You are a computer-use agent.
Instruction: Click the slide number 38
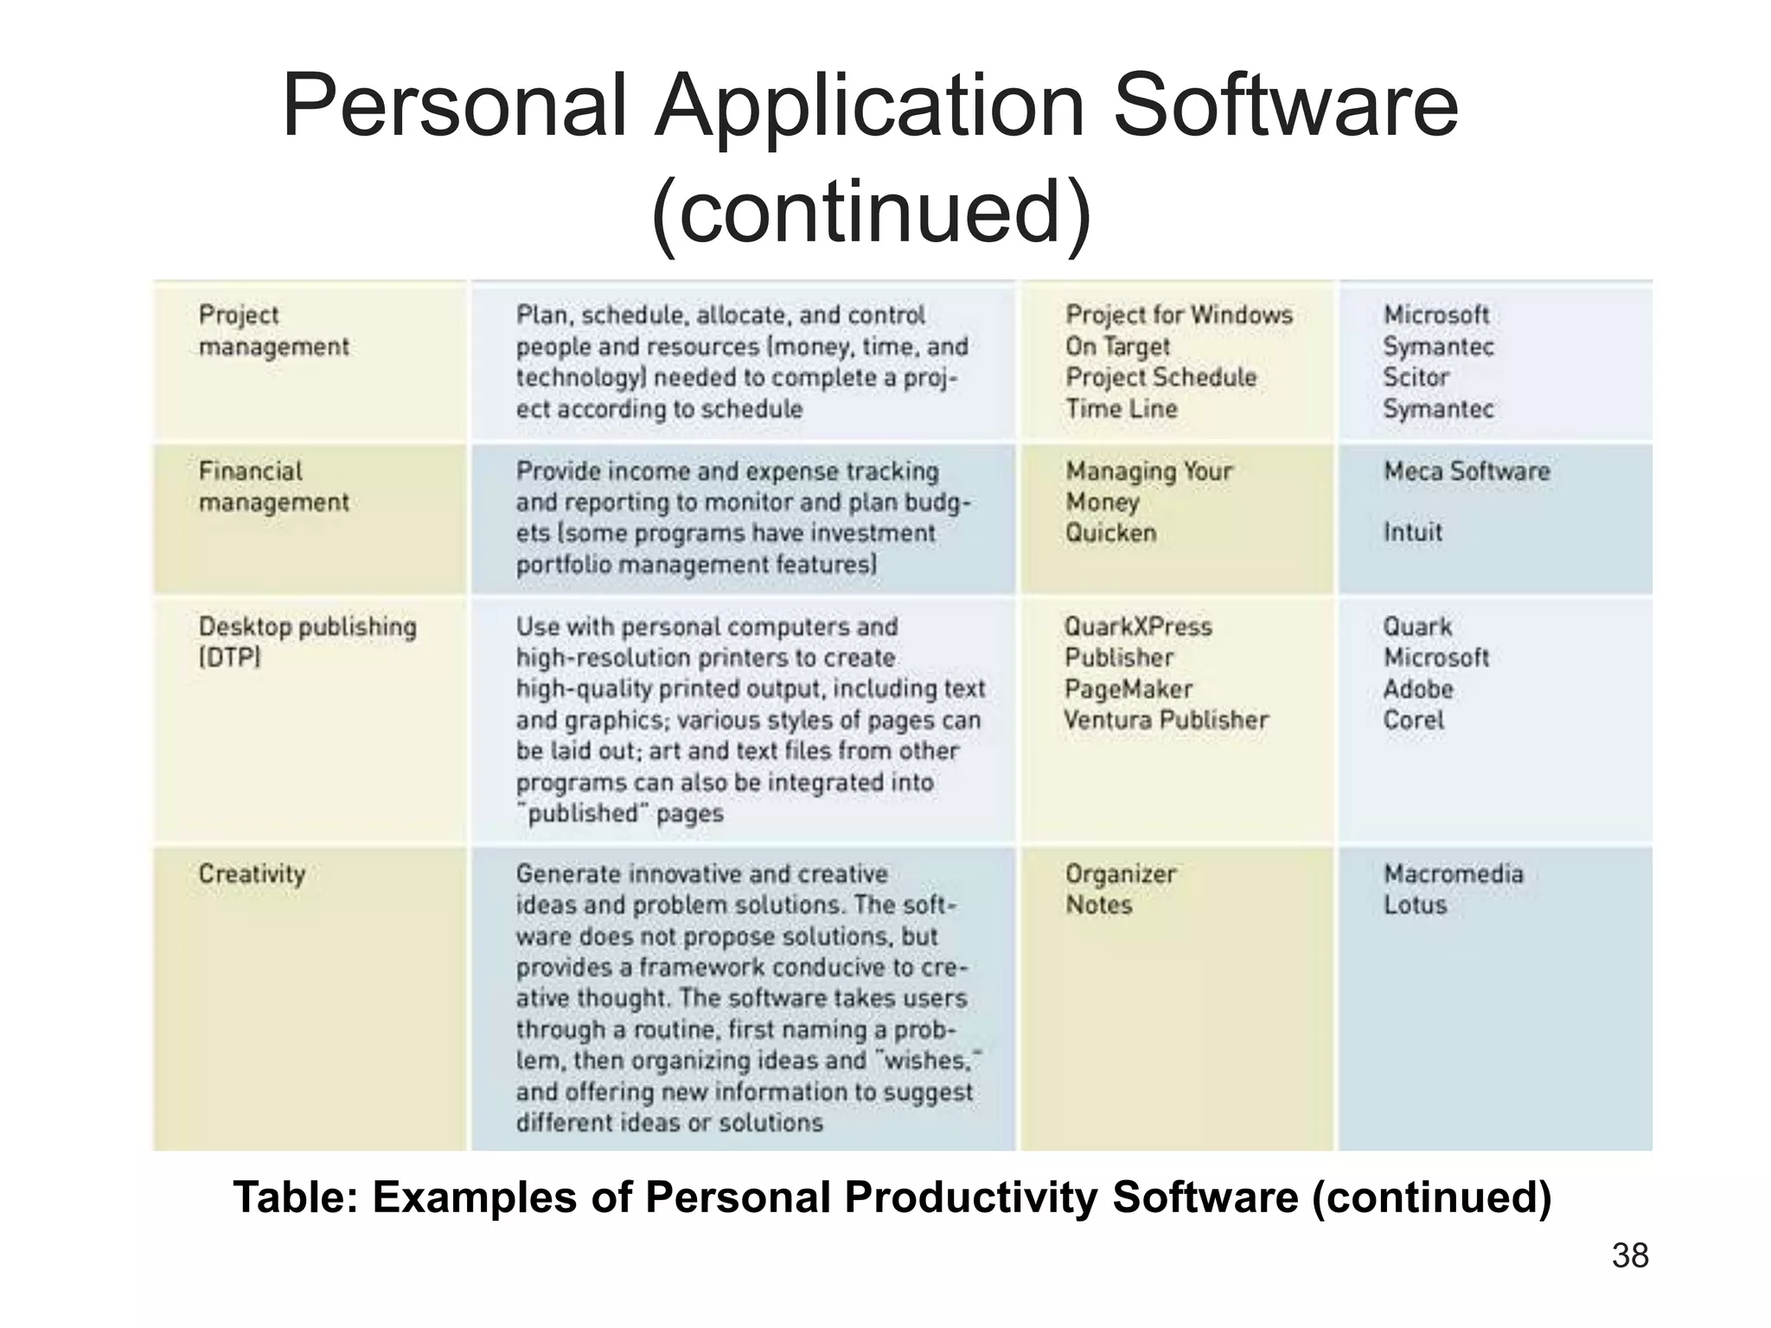[x=1630, y=1256]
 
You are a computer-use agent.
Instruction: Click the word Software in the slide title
[x=1286, y=106]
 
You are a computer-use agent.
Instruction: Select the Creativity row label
[x=252, y=874]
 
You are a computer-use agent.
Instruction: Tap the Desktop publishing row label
[x=307, y=627]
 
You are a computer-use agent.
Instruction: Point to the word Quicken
[x=1110, y=533]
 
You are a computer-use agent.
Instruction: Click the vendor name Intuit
[x=1413, y=533]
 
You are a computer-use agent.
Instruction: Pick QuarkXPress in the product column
[x=1138, y=627]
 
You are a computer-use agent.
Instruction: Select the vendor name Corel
[x=1413, y=720]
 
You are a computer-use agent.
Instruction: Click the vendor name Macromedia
[x=1453, y=874]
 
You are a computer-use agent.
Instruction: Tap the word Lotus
[x=1415, y=905]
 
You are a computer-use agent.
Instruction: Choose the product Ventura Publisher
[x=1166, y=720]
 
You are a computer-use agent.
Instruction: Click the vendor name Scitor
[x=1415, y=378]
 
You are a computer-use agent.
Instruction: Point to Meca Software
[x=1467, y=471]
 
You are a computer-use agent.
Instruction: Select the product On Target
[x=1116, y=347]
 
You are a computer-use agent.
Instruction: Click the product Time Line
[x=1121, y=409]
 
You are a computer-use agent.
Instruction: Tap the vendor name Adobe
[x=1418, y=689]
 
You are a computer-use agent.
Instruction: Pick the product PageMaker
[x=1128, y=689]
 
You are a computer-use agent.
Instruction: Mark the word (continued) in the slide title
[x=872, y=212]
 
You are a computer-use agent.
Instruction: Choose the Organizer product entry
[x=1120, y=874]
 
